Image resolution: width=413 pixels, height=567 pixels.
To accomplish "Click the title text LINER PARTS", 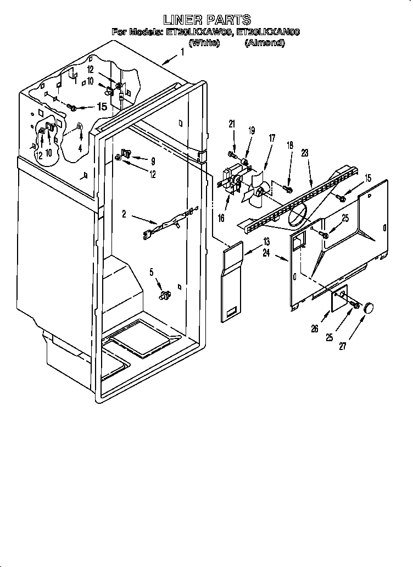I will [206, 21].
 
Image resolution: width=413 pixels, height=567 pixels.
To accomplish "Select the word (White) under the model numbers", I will [204, 42].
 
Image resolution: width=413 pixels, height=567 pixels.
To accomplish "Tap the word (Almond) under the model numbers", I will [264, 42].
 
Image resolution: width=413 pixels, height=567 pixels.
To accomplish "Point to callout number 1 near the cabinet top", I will [182, 53].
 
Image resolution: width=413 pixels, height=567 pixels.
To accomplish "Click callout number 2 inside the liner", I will [124, 214].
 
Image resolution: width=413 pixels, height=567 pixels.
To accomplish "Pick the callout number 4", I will [80, 148].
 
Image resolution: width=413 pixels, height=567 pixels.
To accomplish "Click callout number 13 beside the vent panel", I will [266, 241].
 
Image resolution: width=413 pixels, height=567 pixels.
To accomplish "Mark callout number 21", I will [231, 124].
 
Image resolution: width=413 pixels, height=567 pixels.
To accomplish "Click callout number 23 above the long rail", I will [305, 154].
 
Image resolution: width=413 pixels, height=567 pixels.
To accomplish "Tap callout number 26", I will [314, 330].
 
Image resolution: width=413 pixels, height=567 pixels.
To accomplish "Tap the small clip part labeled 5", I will [163, 295].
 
